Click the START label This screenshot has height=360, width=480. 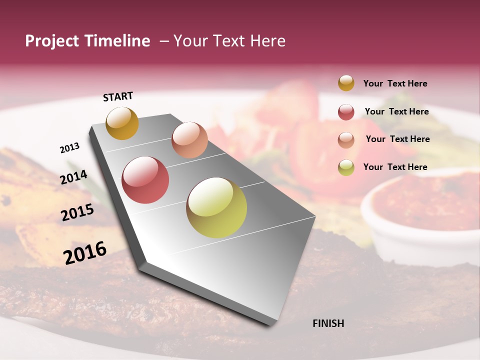point(118,96)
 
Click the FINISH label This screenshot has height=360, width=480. point(328,323)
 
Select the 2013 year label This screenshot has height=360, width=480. point(69,148)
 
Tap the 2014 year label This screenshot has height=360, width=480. point(73,177)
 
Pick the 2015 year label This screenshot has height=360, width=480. point(77,212)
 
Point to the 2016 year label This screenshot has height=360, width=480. point(85,252)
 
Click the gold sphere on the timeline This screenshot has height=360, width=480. point(122,123)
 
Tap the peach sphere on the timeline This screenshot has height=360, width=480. point(189,140)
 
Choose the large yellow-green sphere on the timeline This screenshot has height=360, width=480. point(216,207)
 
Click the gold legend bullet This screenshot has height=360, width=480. point(346,83)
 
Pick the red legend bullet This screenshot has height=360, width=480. point(346,112)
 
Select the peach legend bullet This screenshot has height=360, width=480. point(346,140)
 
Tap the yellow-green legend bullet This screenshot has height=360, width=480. point(346,167)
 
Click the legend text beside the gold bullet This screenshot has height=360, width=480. point(395,83)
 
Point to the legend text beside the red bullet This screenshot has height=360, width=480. point(396,111)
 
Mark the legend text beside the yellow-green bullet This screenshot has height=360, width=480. point(395,167)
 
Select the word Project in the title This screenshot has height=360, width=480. point(52,41)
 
